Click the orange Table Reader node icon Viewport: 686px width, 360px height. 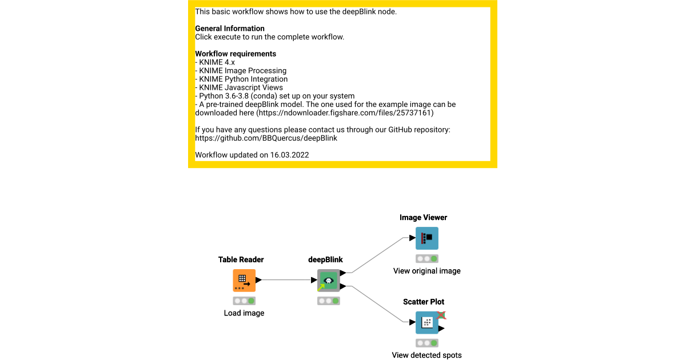click(244, 281)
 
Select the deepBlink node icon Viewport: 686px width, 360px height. click(329, 281)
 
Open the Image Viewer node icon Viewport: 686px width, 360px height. click(427, 238)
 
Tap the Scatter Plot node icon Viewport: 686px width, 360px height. click(427, 323)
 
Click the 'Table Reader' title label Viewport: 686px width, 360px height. click(241, 259)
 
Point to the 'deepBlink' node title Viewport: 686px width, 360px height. click(325, 259)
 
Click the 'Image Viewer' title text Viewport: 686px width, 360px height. click(423, 217)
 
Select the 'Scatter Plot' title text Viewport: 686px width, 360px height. click(423, 302)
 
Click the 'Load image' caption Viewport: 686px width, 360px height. click(244, 313)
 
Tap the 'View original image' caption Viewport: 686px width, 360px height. click(427, 271)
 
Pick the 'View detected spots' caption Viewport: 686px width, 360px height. click(426, 355)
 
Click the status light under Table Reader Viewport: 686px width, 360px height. click(244, 301)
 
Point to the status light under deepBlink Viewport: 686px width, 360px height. click(329, 301)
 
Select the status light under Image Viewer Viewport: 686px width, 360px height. click(427, 258)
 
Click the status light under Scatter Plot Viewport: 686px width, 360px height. click(427, 343)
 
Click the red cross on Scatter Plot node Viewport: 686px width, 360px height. click(441, 315)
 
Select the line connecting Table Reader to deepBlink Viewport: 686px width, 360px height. click(286, 280)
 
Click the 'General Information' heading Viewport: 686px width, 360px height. click(230, 29)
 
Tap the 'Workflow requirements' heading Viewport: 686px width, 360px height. click(236, 54)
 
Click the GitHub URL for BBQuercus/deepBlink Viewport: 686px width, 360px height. click(266, 138)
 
